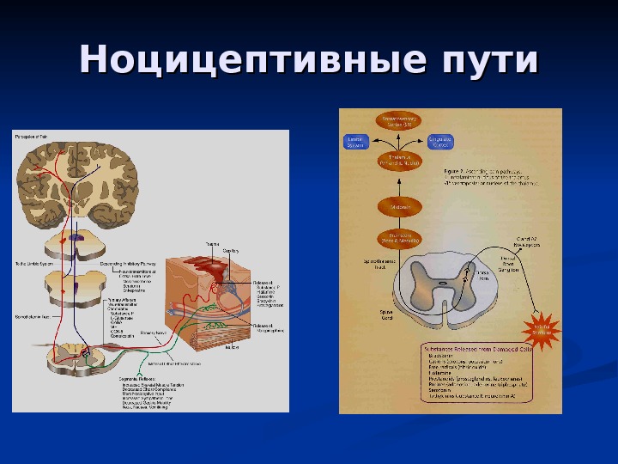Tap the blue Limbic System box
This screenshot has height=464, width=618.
356,142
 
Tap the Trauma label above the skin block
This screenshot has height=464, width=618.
211,244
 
